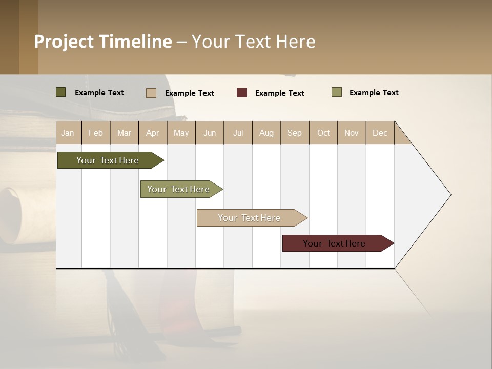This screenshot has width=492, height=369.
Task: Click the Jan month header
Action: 68,133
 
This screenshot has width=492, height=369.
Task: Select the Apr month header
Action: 152,133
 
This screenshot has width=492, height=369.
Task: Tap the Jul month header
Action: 238,133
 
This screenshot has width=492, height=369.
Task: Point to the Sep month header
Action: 294,133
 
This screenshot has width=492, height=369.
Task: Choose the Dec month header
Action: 380,133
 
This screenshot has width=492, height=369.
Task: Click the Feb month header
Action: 96,133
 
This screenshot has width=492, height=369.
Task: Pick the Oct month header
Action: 323,133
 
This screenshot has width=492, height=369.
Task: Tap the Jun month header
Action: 210,133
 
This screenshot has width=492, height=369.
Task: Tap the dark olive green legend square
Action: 61,92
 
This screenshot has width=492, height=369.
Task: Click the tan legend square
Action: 151,93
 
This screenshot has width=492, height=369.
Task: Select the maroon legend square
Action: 242,93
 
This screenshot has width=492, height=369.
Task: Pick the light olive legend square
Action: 337,92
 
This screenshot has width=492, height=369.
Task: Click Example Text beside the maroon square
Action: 279,93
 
